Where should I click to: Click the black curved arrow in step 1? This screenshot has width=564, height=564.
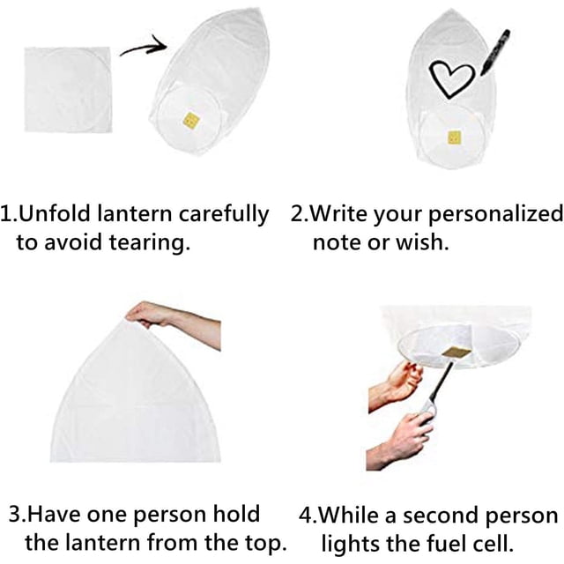(x=144, y=48)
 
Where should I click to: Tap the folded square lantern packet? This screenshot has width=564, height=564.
(x=68, y=90)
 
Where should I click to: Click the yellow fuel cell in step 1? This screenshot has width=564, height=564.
(x=192, y=120)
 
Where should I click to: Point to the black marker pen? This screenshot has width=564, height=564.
(x=495, y=53)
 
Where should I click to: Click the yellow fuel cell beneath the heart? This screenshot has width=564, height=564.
(x=455, y=137)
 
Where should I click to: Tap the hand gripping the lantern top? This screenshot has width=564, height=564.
(x=151, y=314)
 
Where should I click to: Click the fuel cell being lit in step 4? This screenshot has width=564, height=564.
(x=456, y=351)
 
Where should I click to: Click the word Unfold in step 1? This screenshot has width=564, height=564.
(x=54, y=213)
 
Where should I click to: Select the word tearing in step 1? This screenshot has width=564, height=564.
(x=150, y=243)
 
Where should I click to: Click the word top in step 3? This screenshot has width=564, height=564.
(x=266, y=543)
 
